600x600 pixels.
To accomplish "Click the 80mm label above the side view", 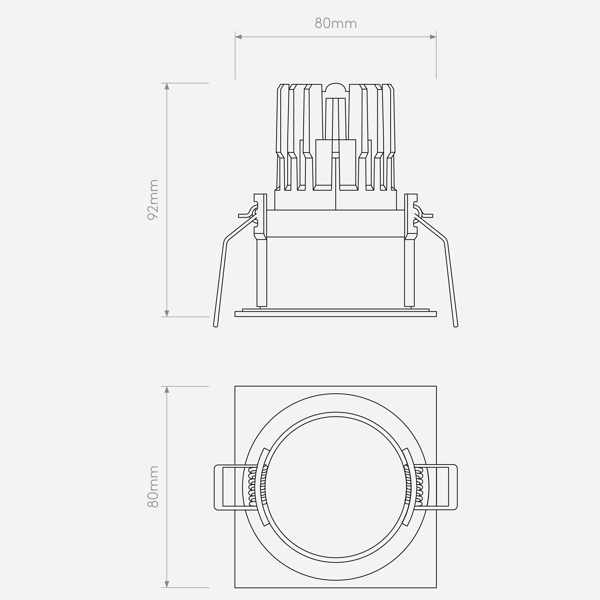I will (336, 24).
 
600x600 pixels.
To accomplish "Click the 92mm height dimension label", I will (153, 200).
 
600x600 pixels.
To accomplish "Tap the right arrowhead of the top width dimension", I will (433, 37).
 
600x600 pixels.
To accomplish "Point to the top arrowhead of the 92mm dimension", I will (167, 86).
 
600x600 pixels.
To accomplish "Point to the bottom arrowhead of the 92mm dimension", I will (167, 313).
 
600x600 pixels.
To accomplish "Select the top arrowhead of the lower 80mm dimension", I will (167, 390).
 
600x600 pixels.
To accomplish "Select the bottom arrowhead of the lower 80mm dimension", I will (167, 584).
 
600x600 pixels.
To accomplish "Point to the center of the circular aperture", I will (336, 487).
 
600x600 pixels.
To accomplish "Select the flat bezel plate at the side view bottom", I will (336, 314).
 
